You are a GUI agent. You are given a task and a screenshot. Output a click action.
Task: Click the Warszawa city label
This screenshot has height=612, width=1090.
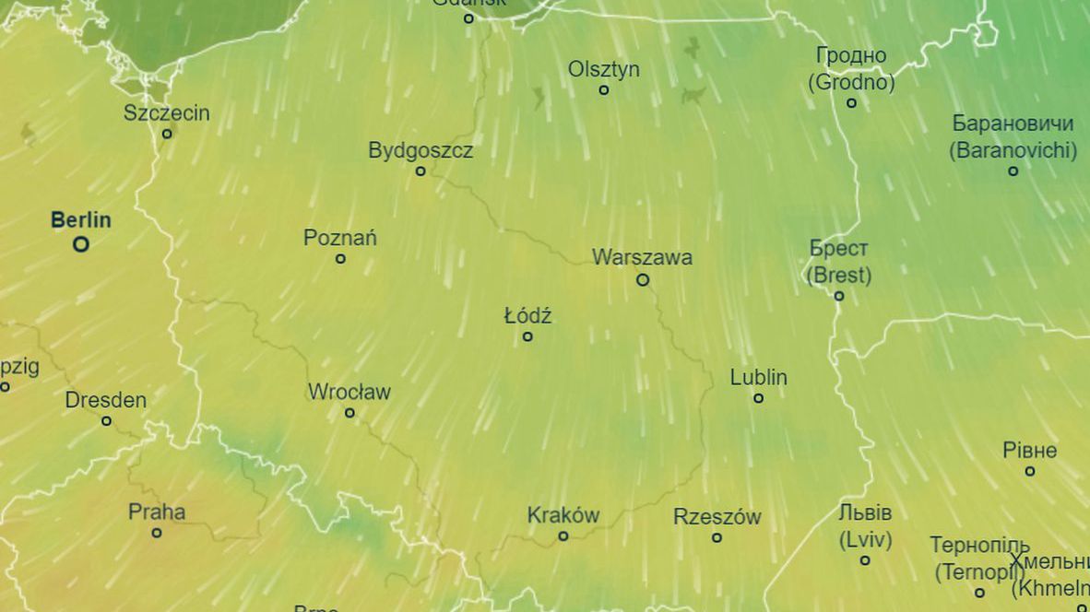642,257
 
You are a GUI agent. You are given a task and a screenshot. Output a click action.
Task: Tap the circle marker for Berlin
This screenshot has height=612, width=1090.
81,244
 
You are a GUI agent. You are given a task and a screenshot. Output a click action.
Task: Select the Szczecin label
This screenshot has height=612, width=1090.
167,113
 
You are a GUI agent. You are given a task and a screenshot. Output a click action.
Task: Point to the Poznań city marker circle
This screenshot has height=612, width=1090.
340,259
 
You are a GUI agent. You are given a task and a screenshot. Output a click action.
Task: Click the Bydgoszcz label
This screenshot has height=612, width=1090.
421,150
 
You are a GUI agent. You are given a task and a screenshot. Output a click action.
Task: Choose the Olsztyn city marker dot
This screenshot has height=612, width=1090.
604,90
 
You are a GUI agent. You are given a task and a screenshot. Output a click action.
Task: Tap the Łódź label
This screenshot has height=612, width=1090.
527,316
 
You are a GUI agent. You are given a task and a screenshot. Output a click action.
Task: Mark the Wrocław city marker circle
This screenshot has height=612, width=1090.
350,413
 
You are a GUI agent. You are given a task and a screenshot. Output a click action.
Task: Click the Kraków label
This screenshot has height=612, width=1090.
563,515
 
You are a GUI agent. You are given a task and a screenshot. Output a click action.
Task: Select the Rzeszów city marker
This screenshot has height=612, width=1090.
717,537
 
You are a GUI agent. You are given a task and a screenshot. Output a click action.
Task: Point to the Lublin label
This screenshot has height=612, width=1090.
758,377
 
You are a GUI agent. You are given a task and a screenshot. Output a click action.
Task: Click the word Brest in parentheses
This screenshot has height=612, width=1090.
838,275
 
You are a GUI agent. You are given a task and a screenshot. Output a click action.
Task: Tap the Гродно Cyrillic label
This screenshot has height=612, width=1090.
851,56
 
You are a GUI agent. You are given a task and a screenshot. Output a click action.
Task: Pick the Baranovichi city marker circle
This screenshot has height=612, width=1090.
1013,171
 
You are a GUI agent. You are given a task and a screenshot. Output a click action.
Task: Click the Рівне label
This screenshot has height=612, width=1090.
1030,451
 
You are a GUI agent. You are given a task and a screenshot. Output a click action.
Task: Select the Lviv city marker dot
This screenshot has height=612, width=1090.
865,560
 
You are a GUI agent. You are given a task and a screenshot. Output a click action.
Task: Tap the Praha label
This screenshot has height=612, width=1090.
157,512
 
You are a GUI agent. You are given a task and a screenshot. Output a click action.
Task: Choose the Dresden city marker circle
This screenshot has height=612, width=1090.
106,421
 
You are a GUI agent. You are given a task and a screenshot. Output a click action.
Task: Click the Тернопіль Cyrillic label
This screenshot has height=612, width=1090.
979,545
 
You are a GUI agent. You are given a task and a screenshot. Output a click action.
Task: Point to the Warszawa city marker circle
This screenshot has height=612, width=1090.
643,279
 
